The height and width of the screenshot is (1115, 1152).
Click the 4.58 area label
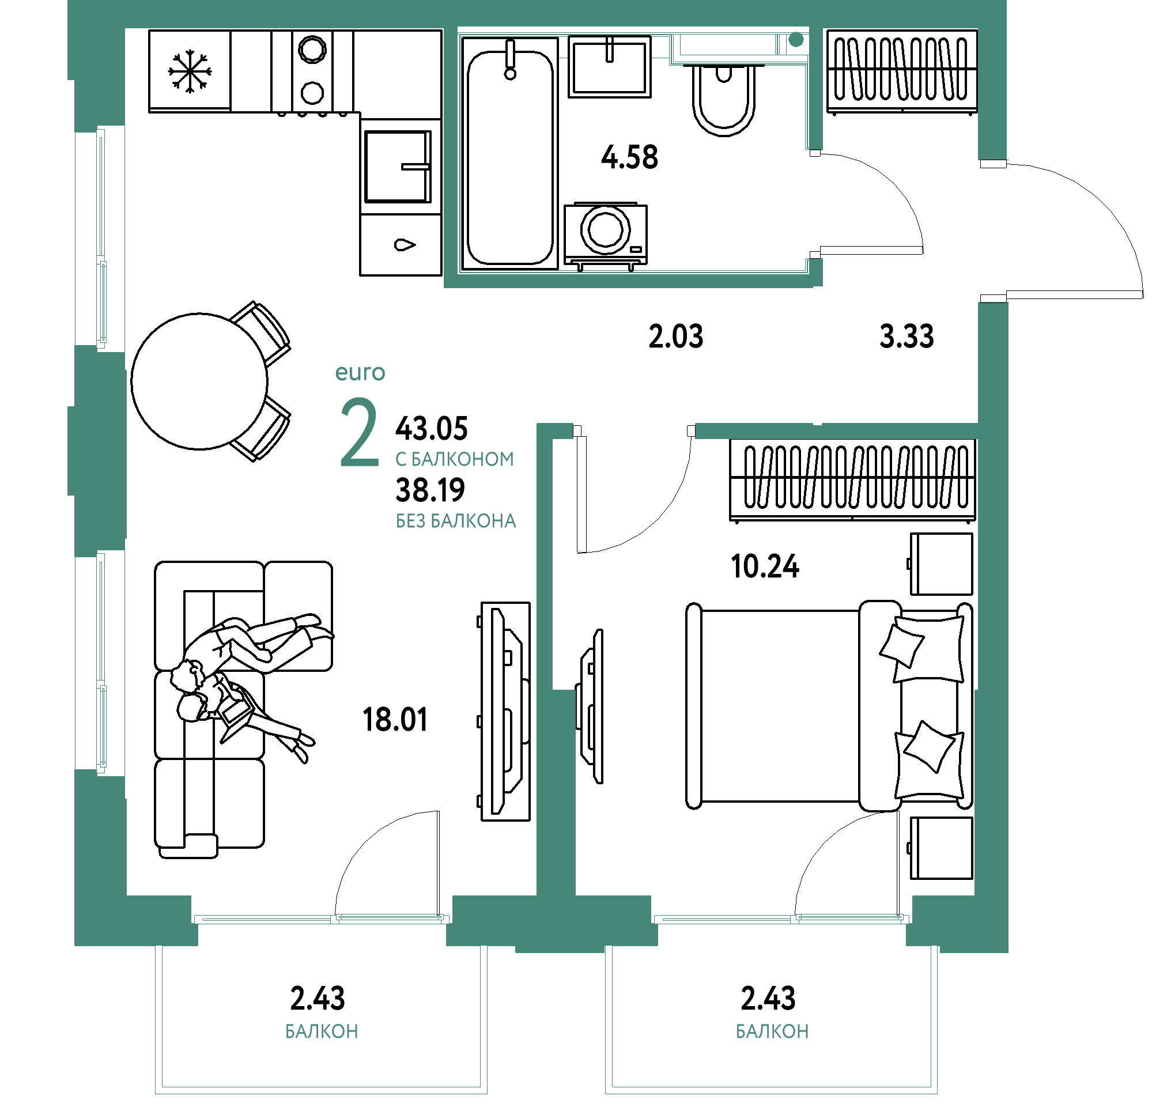click(x=629, y=157)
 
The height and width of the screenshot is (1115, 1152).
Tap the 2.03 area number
click(x=676, y=337)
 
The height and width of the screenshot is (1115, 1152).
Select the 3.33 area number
click(x=907, y=337)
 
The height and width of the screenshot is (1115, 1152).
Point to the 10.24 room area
click(x=765, y=567)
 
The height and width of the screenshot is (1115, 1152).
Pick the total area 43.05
click(x=432, y=429)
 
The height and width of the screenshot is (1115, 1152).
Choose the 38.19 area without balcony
click(x=430, y=490)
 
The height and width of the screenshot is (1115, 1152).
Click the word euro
click(x=360, y=373)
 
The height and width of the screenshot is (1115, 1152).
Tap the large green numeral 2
click(x=358, y=434)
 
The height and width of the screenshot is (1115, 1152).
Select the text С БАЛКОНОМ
click(x=454, y=460)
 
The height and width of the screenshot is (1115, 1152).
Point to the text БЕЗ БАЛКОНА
click(x=456, y=521)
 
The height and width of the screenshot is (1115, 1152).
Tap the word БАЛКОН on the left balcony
click(x=322, y=1031)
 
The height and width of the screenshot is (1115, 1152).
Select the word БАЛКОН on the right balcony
click(x=772, y=1031)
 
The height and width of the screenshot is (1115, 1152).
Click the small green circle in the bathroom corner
click(x=796, y=40)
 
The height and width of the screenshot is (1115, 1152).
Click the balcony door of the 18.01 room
click(x=321, y=918)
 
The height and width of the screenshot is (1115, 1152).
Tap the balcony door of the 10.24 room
click(x=781, y=918)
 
